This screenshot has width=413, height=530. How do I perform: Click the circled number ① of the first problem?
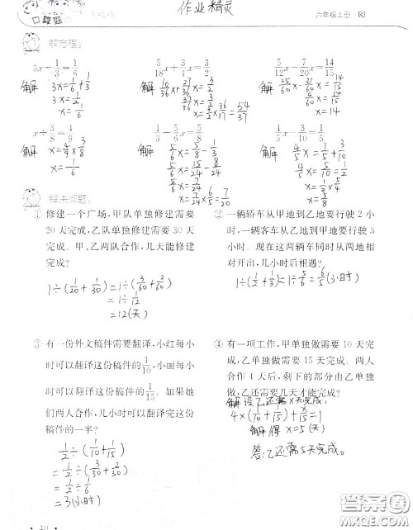coord(38,214)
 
